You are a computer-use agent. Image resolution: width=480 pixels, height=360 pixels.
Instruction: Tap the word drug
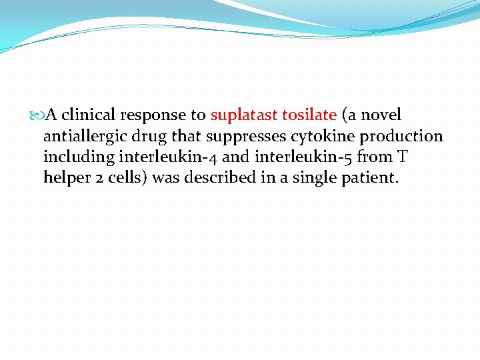coord(151,137)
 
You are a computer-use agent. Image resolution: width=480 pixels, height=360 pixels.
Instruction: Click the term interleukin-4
coord(158,157)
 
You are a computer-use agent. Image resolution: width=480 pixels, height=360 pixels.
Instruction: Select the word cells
coord(124,178)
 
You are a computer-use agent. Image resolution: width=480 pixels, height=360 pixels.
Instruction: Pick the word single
coord(313,179)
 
